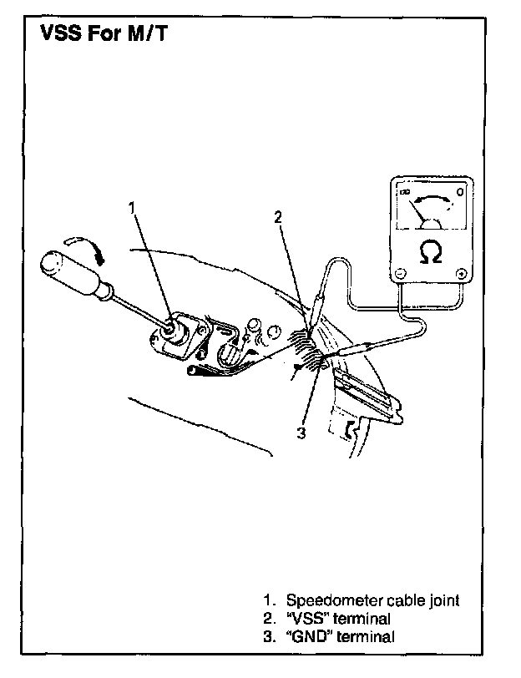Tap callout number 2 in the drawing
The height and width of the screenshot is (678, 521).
point(279,218)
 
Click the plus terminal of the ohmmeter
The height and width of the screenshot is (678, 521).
point(461,273)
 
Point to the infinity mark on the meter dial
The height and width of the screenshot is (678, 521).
point(407,195)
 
